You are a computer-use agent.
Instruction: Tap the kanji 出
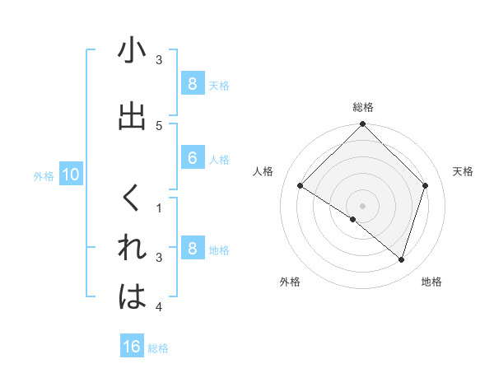click(x=132, y=117)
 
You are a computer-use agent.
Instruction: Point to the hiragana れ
click(x=132, y=249)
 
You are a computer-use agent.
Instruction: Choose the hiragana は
click(x=132, y=297)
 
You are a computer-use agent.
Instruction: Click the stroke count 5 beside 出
click(x=159, y=125)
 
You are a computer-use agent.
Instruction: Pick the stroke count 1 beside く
click(x=159, y=208)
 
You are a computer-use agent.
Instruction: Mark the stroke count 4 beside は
click(x=159, y=307)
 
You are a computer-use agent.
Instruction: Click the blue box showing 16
click(x=132, y=347)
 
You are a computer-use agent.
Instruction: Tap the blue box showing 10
click(x=70, y=175)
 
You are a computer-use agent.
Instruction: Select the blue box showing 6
click(x=192, y=158)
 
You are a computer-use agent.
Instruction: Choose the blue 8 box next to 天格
click(x=192, y=83)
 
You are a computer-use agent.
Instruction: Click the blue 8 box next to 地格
click(x=192, y=249)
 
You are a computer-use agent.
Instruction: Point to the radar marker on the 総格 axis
click(x=362, y=125)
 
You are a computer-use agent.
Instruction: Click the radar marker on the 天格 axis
click(x=426, y=185)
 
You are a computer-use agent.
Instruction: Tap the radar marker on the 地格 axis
click(x=401, y=259)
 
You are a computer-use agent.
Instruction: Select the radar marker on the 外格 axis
click(x=353, y=219)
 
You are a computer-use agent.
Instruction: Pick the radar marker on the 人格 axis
click(x=301, y=185)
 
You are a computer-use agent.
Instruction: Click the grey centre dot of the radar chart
click(x=362, y=205)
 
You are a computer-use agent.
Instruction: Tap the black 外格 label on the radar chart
click(x=290, y=282)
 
